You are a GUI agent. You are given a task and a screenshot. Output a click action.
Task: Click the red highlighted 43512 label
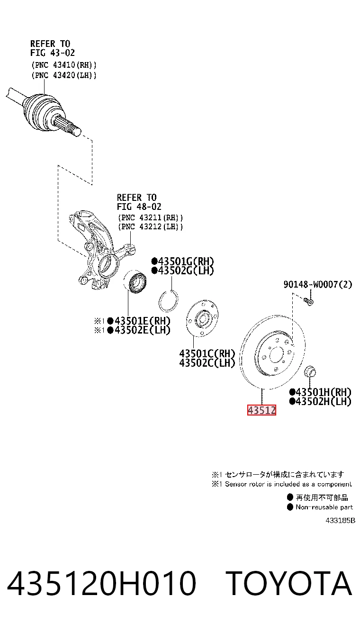[x=261, y=410]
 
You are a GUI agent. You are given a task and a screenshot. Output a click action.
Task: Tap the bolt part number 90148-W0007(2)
[x=318, y=284]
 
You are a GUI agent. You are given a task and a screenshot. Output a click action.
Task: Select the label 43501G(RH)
[x=182, y=261]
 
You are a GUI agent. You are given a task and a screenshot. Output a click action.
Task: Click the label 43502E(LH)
[x=139, y=330]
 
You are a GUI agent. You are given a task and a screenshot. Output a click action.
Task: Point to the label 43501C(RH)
[x=207, y=353]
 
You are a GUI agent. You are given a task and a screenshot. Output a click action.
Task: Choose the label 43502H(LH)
[x=320, y=401]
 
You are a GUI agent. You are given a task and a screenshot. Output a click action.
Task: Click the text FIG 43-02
[x=53, y=53]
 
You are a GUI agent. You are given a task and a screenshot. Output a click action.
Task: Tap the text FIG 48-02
[x=139, y=207]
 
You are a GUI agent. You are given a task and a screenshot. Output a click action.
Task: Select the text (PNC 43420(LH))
[x=64, y=75]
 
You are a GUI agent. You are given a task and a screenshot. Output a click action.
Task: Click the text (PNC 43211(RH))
[x=151, y=218]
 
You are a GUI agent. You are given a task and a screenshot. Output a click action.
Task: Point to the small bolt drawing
[x=308, y=302]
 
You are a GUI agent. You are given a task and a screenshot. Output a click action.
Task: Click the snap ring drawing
[x=169, y=301]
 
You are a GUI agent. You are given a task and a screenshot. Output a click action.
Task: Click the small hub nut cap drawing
[x=310, y=371]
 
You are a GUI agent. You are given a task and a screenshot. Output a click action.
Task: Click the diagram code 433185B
[x=340, y=521]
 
